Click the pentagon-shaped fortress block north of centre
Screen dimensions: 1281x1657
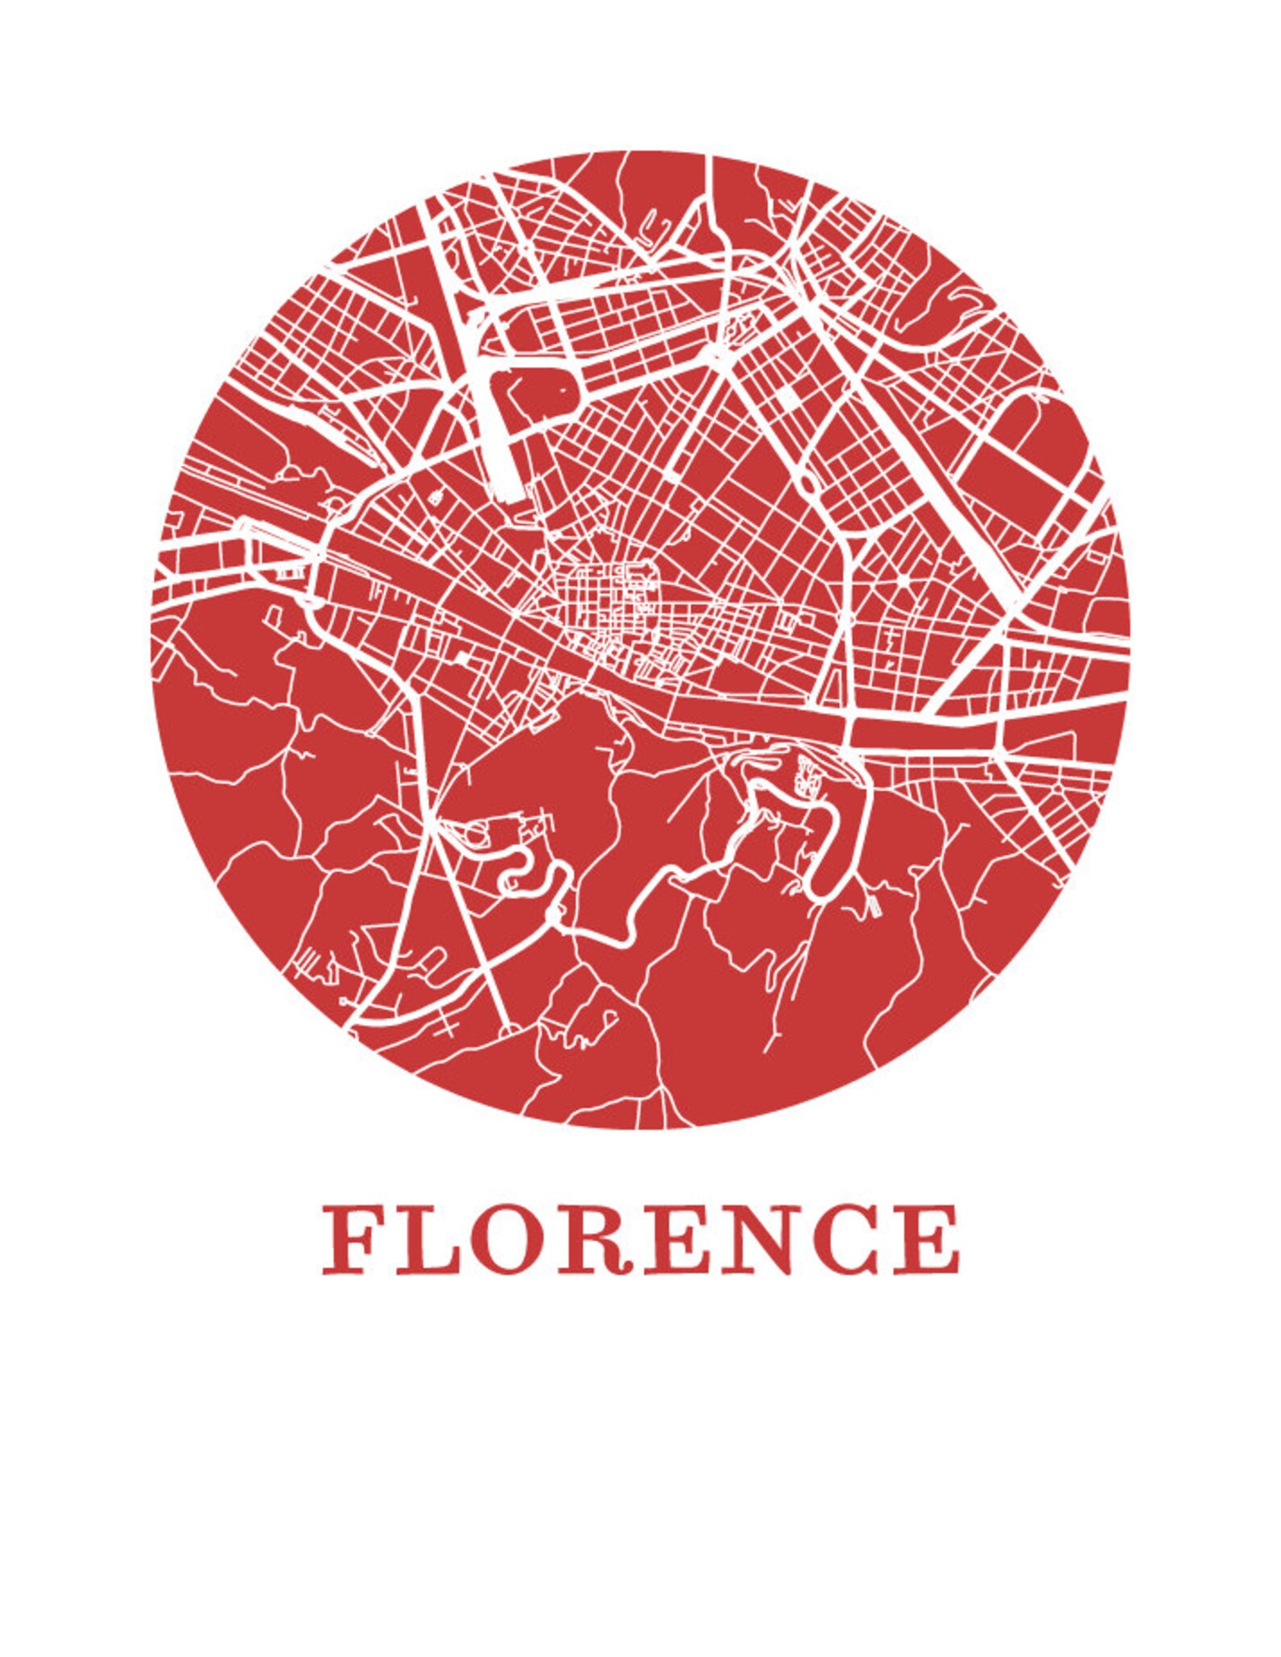coord(548,395)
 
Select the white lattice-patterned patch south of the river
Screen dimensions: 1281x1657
coord(805,774)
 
